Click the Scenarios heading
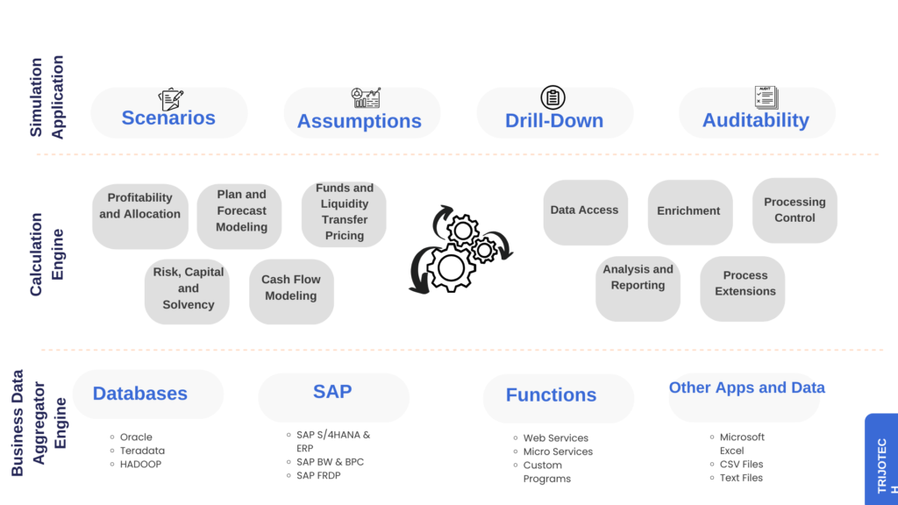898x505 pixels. pos(168,117)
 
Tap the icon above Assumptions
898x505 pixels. pos(366,97)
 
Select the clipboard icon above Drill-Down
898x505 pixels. pos(552,97)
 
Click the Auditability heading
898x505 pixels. pos(755,120)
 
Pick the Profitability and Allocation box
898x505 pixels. pos(140,206)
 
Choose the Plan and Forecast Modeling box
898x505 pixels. pos(241,210)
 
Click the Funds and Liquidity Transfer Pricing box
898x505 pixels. pos(345,212)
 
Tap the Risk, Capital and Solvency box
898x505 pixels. pos(189,288)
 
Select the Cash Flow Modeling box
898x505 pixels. pos(291,288)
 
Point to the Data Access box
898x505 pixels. pos(585,210)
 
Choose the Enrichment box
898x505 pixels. pos(688,210)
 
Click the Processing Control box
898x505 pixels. pos(795,210)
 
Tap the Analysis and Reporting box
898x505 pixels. pos(638,277)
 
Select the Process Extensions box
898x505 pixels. pos(745,283)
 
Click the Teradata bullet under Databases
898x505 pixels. pos(142,451)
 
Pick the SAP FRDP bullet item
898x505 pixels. pos(318,475)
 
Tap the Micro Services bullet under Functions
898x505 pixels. pos(558,452)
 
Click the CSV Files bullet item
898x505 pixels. pos(741,464)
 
